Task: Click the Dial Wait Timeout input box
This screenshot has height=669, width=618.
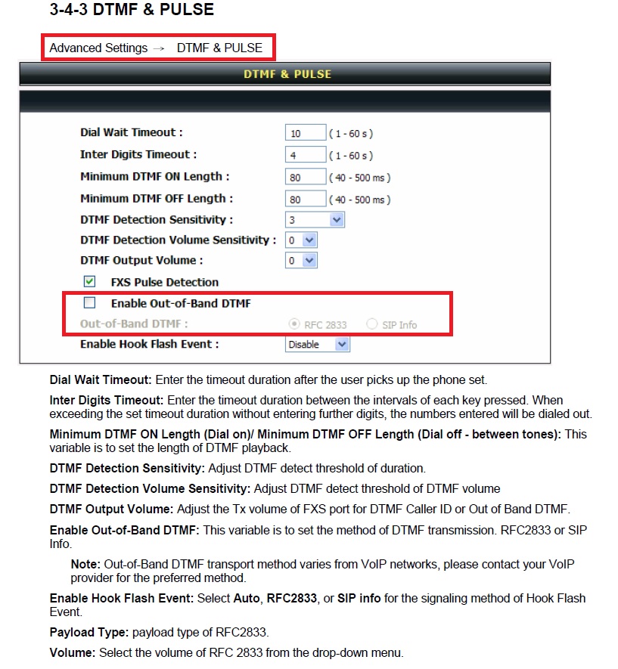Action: pos(306,133)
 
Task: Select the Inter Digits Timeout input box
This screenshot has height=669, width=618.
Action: pos(306,155)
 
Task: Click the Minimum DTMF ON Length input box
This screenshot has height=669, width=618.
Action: pos(306,177)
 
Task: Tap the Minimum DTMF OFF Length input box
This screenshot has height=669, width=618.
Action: pos(306,199)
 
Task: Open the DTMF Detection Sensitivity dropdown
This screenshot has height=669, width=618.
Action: pos(315,220)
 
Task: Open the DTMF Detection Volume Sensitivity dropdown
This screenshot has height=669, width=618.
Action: pos(301,240)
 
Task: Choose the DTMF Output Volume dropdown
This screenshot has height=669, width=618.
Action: pos(301,260)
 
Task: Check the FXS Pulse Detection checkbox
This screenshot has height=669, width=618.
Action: pos(90,281)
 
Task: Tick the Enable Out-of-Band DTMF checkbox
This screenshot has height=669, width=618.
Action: pos(90,303)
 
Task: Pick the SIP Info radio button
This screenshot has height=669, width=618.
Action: pos(372,324)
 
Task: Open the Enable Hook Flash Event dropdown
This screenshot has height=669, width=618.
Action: pos(318,344)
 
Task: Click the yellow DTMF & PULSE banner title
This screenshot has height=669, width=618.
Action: pos(287,74)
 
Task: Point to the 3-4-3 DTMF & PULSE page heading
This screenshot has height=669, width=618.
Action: pos(132,10)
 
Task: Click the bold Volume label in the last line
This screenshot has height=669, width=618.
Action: pos(70,652)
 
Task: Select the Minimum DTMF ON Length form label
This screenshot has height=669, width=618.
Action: pos(154,176)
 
